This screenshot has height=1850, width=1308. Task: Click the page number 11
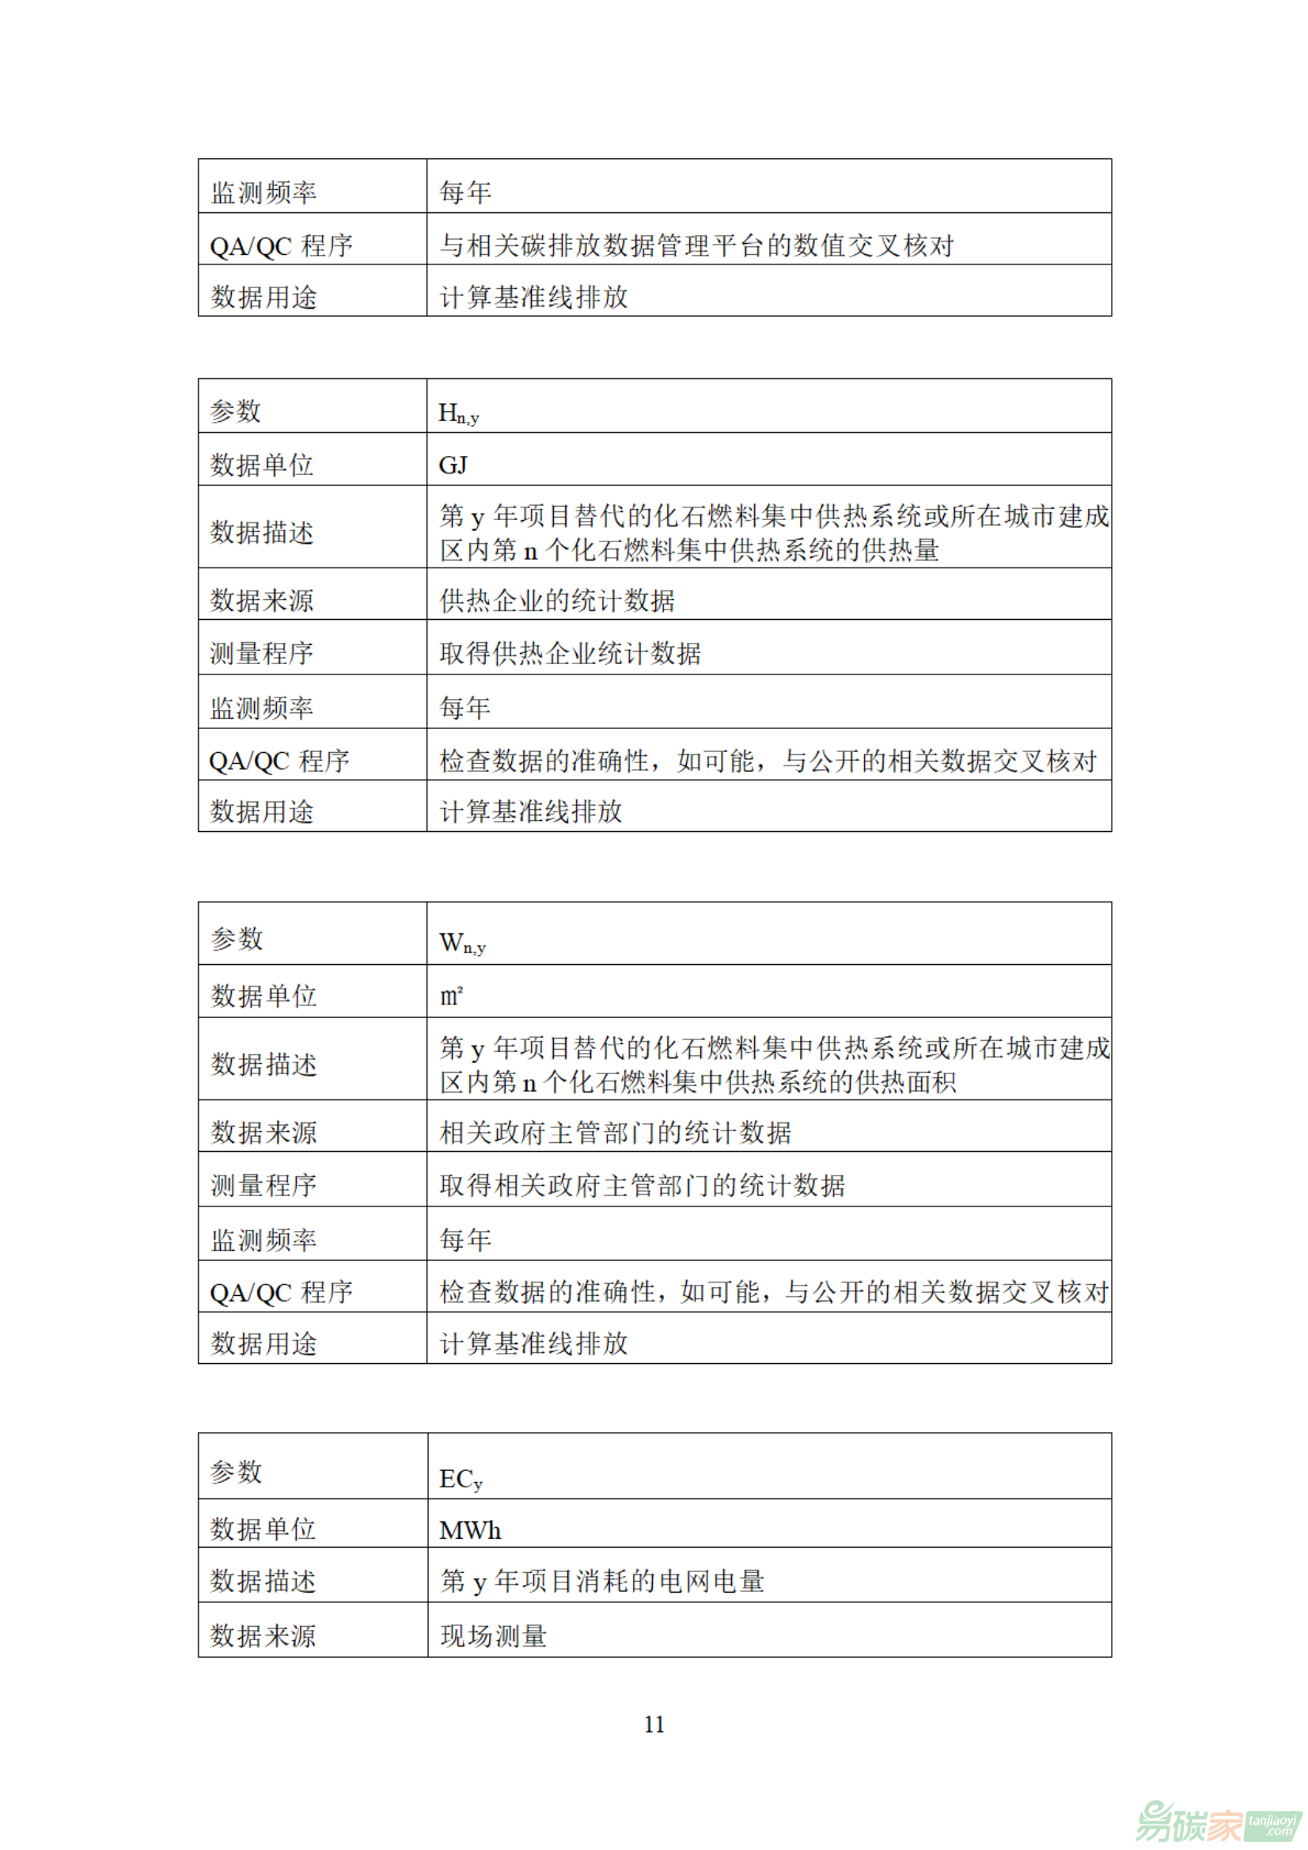(654, 1724)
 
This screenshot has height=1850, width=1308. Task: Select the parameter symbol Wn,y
(462, 944)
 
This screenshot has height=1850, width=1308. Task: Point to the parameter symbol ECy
(461, 1480)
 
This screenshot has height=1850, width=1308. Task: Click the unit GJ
(453, 465)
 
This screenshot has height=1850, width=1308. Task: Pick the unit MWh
(470, 1531)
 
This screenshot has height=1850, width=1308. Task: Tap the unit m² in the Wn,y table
(451, 997)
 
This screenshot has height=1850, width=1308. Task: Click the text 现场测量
(494, 1635)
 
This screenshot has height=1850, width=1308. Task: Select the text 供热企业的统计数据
(557, 600)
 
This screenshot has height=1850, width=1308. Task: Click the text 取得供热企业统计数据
(571, 653)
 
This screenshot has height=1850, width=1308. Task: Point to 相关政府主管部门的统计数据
(616, 1133)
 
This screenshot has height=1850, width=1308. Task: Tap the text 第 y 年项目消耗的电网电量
(602, 1582)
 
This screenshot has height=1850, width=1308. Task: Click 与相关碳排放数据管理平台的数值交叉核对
(696, 245)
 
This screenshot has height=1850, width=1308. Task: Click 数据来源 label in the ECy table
(263, 1635)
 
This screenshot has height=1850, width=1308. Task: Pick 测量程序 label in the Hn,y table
(262, 653)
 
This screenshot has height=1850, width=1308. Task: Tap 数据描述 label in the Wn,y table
(264, 1065)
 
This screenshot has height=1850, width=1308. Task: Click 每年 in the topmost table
(465, 192)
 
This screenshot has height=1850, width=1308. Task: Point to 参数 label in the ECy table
(236, 1472)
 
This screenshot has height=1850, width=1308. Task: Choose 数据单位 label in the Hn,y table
(262, 465)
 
